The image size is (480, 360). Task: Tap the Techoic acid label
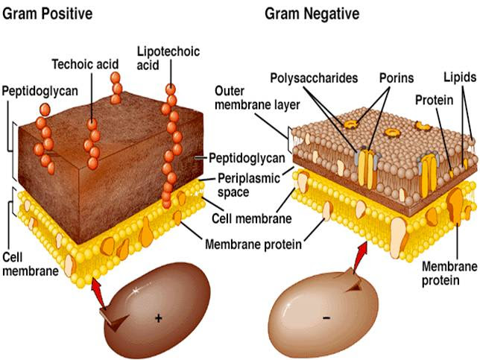86,64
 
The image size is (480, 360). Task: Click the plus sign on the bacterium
158,318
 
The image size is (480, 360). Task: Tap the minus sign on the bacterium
327,318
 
